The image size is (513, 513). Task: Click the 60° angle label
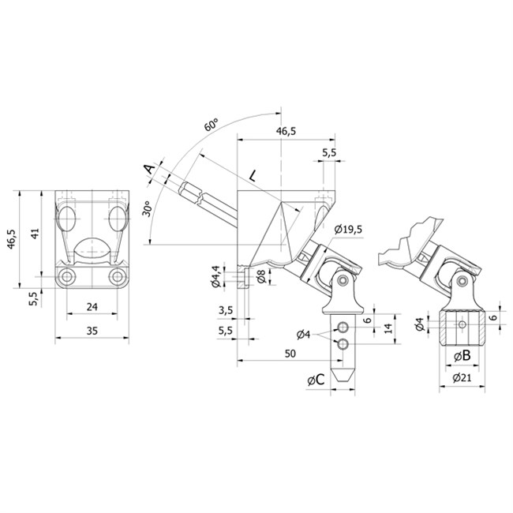pyautogui.click(x=212, y=125)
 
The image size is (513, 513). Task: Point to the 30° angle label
pyautogui.click(x=147, y=208)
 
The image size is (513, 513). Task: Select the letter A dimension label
pyautogui.click(x=150, y=169)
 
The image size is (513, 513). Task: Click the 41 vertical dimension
pyautogui.click(x=35, y=234)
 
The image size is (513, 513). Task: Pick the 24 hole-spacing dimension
pyautogui.click(x=92, y=306)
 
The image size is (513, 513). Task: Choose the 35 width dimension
pyautogui.click(x=92, y=331)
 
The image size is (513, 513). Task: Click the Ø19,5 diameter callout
pyautogui.click(x=348, y=230)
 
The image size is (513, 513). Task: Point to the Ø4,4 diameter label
pyautogui.click(x=216, y=276)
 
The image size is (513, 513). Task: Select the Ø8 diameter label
pyautogui.click(x=261, y=277)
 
